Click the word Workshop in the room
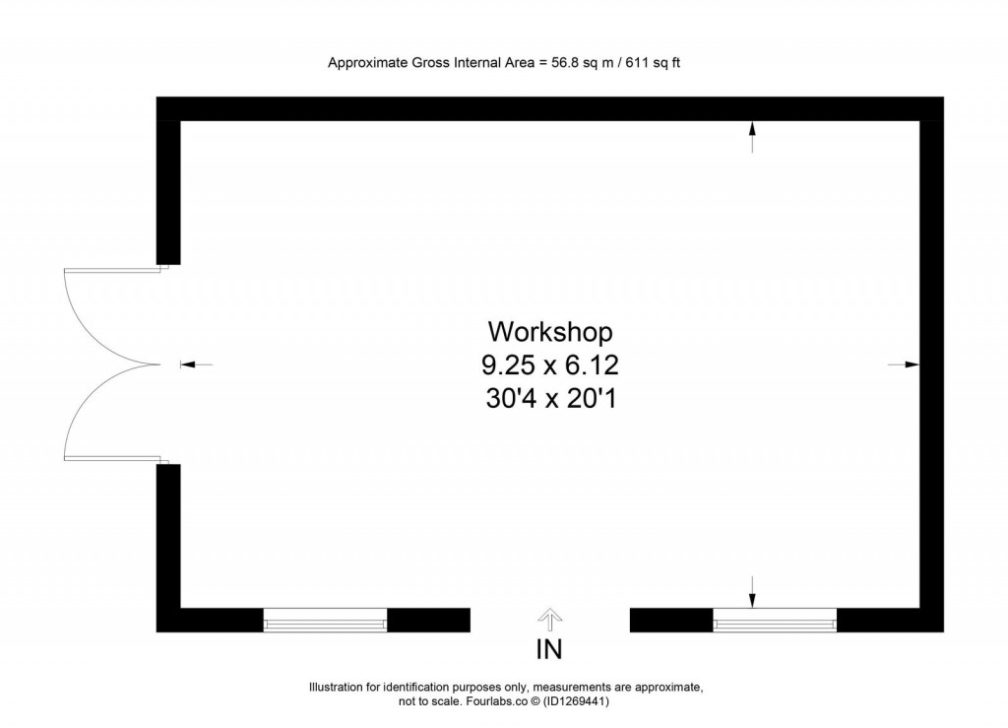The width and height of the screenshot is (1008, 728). (x=550, y=330)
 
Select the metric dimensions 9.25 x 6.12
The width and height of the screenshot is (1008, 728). (x=549, y=365)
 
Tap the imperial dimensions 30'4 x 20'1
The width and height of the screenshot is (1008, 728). (x=549, y=399)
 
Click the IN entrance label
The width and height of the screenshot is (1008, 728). (x=548, y=650)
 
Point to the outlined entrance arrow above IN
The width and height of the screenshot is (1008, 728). (x=549, y=617)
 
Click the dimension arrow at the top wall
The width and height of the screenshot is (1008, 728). (x=752, y=136)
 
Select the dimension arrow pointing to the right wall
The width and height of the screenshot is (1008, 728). (x=904, y=364)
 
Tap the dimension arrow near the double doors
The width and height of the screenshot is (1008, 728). (x=195, y=364)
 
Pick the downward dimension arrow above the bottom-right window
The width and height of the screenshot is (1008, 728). (x=752, y=591)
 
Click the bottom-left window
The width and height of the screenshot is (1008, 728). (x=325, y=620)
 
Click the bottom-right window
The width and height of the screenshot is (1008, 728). (x=775, y=620)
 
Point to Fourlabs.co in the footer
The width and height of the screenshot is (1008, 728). (x=493, y=702)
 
